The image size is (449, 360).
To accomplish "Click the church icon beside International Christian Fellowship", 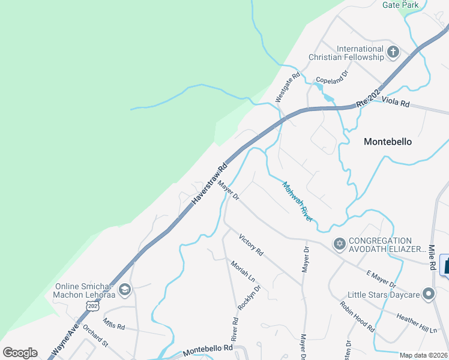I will [x=393, y=52].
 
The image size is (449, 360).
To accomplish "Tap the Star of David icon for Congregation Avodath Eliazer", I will [x=339, y=244].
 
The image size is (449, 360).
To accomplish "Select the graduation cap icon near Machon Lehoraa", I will [x=125, y=290].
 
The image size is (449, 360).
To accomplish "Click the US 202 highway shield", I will [x=92, y=306].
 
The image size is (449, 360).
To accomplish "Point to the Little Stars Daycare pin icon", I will [x=428, y=294].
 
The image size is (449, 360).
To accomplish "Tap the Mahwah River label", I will [x=298, y=202].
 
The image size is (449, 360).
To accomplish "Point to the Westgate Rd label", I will [x=288, y=87].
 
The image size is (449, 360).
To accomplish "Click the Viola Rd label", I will [x=396, y=104].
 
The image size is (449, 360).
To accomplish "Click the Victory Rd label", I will [x=251, y=245].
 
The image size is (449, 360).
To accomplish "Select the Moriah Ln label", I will [x=243, y=272].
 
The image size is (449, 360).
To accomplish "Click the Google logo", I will [x=20, y=353].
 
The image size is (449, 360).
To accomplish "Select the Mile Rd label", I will [x=432, y=257].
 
